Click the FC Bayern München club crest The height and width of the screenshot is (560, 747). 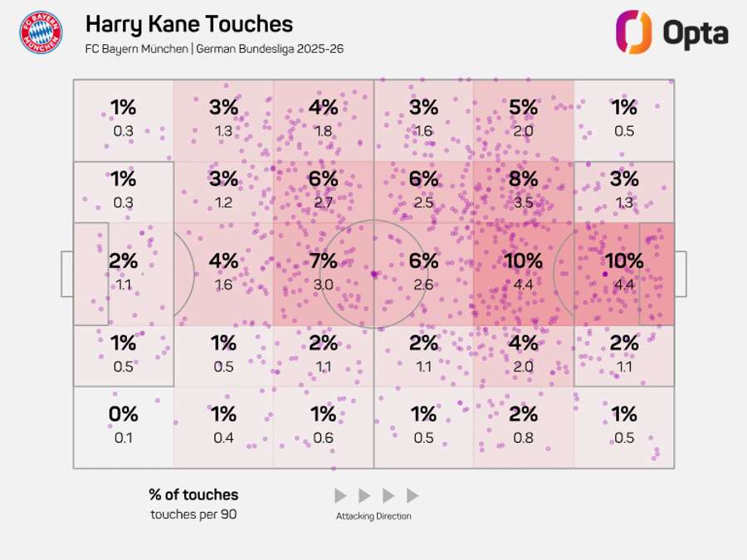(41, 32)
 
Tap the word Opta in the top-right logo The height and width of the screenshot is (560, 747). (695, 33)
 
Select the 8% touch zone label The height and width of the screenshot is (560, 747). (523, 179)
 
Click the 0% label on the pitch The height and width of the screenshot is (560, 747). (123, 414)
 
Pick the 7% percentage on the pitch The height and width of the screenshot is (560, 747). (323, 261)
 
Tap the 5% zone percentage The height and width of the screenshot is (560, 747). (523, 107)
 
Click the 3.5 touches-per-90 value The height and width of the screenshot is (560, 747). (523, 202)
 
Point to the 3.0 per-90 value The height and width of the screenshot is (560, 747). (323, 285)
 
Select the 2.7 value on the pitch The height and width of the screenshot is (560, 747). (323, 202)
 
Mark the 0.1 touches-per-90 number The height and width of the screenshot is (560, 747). (123, 437)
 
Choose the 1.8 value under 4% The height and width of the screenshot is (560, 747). (323, 130)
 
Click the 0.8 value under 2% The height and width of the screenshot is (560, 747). (523, 437)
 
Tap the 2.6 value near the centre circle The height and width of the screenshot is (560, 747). (423, 285)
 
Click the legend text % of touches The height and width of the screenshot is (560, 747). (193, 494)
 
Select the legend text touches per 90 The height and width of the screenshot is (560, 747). (193, 514)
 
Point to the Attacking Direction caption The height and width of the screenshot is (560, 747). (373, 516)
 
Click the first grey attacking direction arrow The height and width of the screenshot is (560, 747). (340, 496)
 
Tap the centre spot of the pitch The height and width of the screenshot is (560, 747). (373, 273)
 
